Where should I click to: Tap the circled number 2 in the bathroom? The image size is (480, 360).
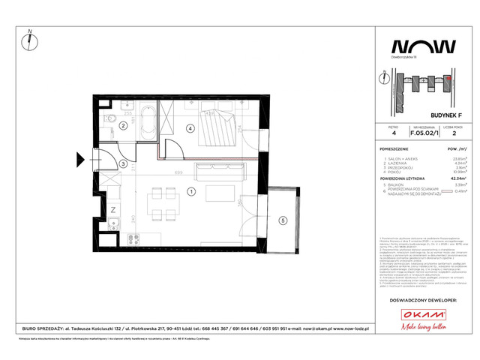coord(122,127)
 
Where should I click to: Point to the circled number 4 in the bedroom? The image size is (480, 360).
coord(191,129)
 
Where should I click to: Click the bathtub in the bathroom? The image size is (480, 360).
coord(145,118)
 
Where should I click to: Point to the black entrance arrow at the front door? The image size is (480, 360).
coord(82,160)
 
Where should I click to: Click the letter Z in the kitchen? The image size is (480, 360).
coord(112,209)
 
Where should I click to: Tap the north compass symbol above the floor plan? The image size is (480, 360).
coord(28,37)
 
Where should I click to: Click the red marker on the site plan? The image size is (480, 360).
coord(448,77)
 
